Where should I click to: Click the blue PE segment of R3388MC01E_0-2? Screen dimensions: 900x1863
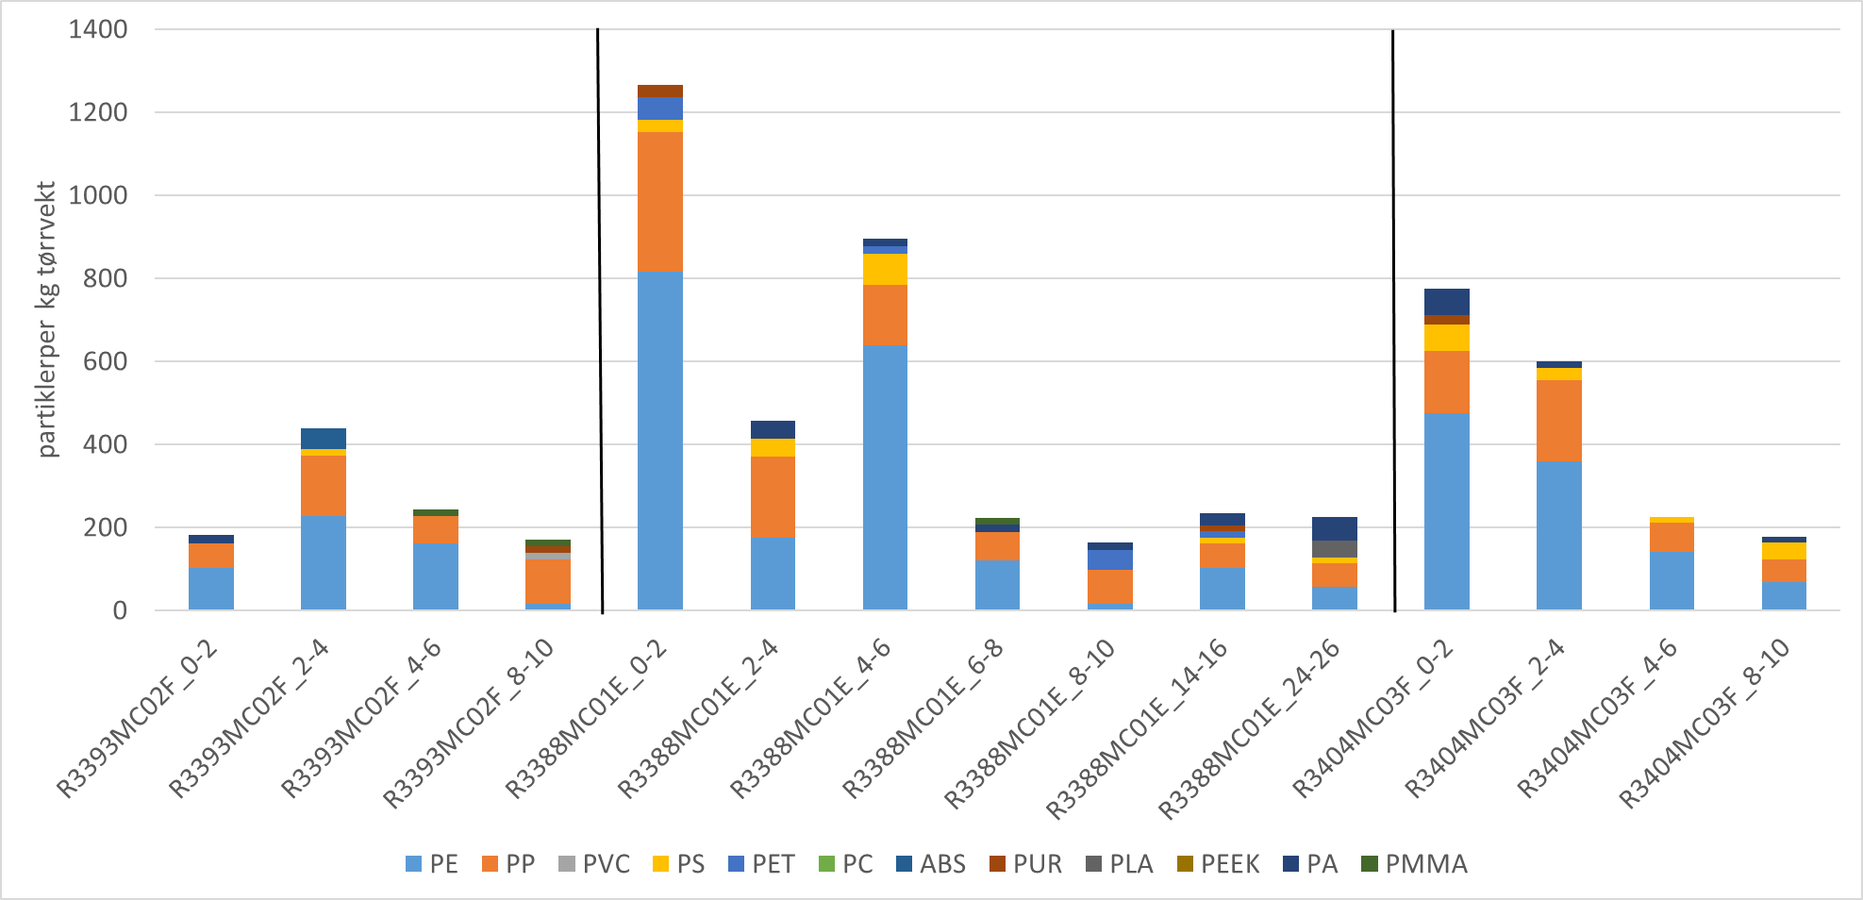tap(659, 440)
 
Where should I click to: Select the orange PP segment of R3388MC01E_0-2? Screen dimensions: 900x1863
tap(659, 201)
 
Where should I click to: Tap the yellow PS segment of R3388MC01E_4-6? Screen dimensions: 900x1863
tap(885, 269)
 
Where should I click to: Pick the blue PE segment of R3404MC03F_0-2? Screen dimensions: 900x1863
tap(1446, 510)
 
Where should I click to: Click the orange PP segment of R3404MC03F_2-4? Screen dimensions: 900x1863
tap(1558, 421)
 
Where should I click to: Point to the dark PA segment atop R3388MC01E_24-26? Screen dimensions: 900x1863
tap(1334, 528)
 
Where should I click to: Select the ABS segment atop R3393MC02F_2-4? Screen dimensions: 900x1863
tap(323, 438)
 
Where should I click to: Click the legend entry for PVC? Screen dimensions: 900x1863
tap(594, 864)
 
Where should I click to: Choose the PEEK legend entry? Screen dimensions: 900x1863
tap(1219, 864)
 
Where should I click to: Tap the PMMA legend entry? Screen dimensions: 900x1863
tap(1415, 864)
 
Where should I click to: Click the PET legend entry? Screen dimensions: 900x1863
tap(762, 864)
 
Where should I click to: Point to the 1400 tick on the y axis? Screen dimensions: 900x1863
tap(98, 29)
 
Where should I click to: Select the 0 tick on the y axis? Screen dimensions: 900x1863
tap(120, 610)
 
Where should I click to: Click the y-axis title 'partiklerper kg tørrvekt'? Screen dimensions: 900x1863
tap(47, 320)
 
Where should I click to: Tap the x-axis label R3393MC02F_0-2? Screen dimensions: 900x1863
tap(138, 719)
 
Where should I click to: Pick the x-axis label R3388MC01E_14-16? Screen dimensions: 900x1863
tap(1137, 728)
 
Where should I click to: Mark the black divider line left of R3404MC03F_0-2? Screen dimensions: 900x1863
tap(1393, 321)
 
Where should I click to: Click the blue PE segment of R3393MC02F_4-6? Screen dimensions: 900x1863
tap(435, 575)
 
